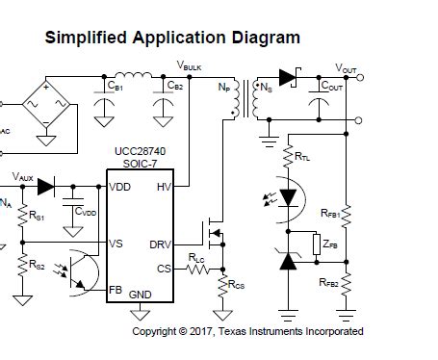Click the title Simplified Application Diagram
tap(172, 38)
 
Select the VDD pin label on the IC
tap(121, 187)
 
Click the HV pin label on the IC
tap(164, 187)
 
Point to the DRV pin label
tap(160, 244)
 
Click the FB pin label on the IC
tap(116, 288)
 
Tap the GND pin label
tap(141, 294)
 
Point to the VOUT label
tap(346, 68)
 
